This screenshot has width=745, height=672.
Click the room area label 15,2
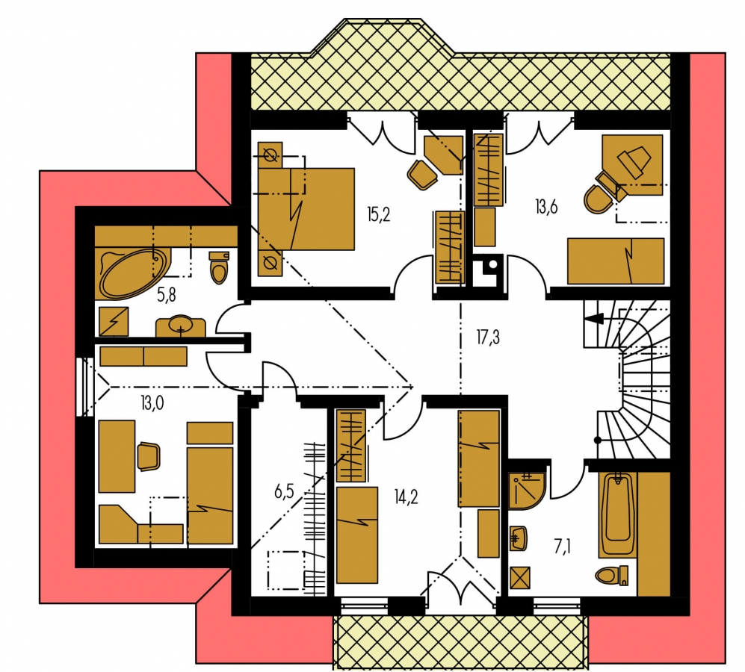(379, 215)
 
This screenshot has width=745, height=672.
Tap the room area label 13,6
(546, 207)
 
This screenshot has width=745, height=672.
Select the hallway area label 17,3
(488, 337)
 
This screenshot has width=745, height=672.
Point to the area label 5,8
(167, 295)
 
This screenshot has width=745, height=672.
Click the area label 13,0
(152, 404)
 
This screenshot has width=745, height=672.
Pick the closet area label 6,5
(284, 491)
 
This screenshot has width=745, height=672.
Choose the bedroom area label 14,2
(406, 497)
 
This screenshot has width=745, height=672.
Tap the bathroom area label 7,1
(562, 547)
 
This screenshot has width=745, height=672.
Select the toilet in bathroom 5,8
(219, 267)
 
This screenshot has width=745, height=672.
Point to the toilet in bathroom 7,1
(611, 575)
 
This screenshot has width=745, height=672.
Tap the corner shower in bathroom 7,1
(528, 490)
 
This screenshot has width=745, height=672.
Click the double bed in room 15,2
(306, 209)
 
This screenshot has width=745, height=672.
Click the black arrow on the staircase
(596, 319)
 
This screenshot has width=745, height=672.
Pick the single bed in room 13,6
(616, 261)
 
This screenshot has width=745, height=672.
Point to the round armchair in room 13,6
(599, 199)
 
